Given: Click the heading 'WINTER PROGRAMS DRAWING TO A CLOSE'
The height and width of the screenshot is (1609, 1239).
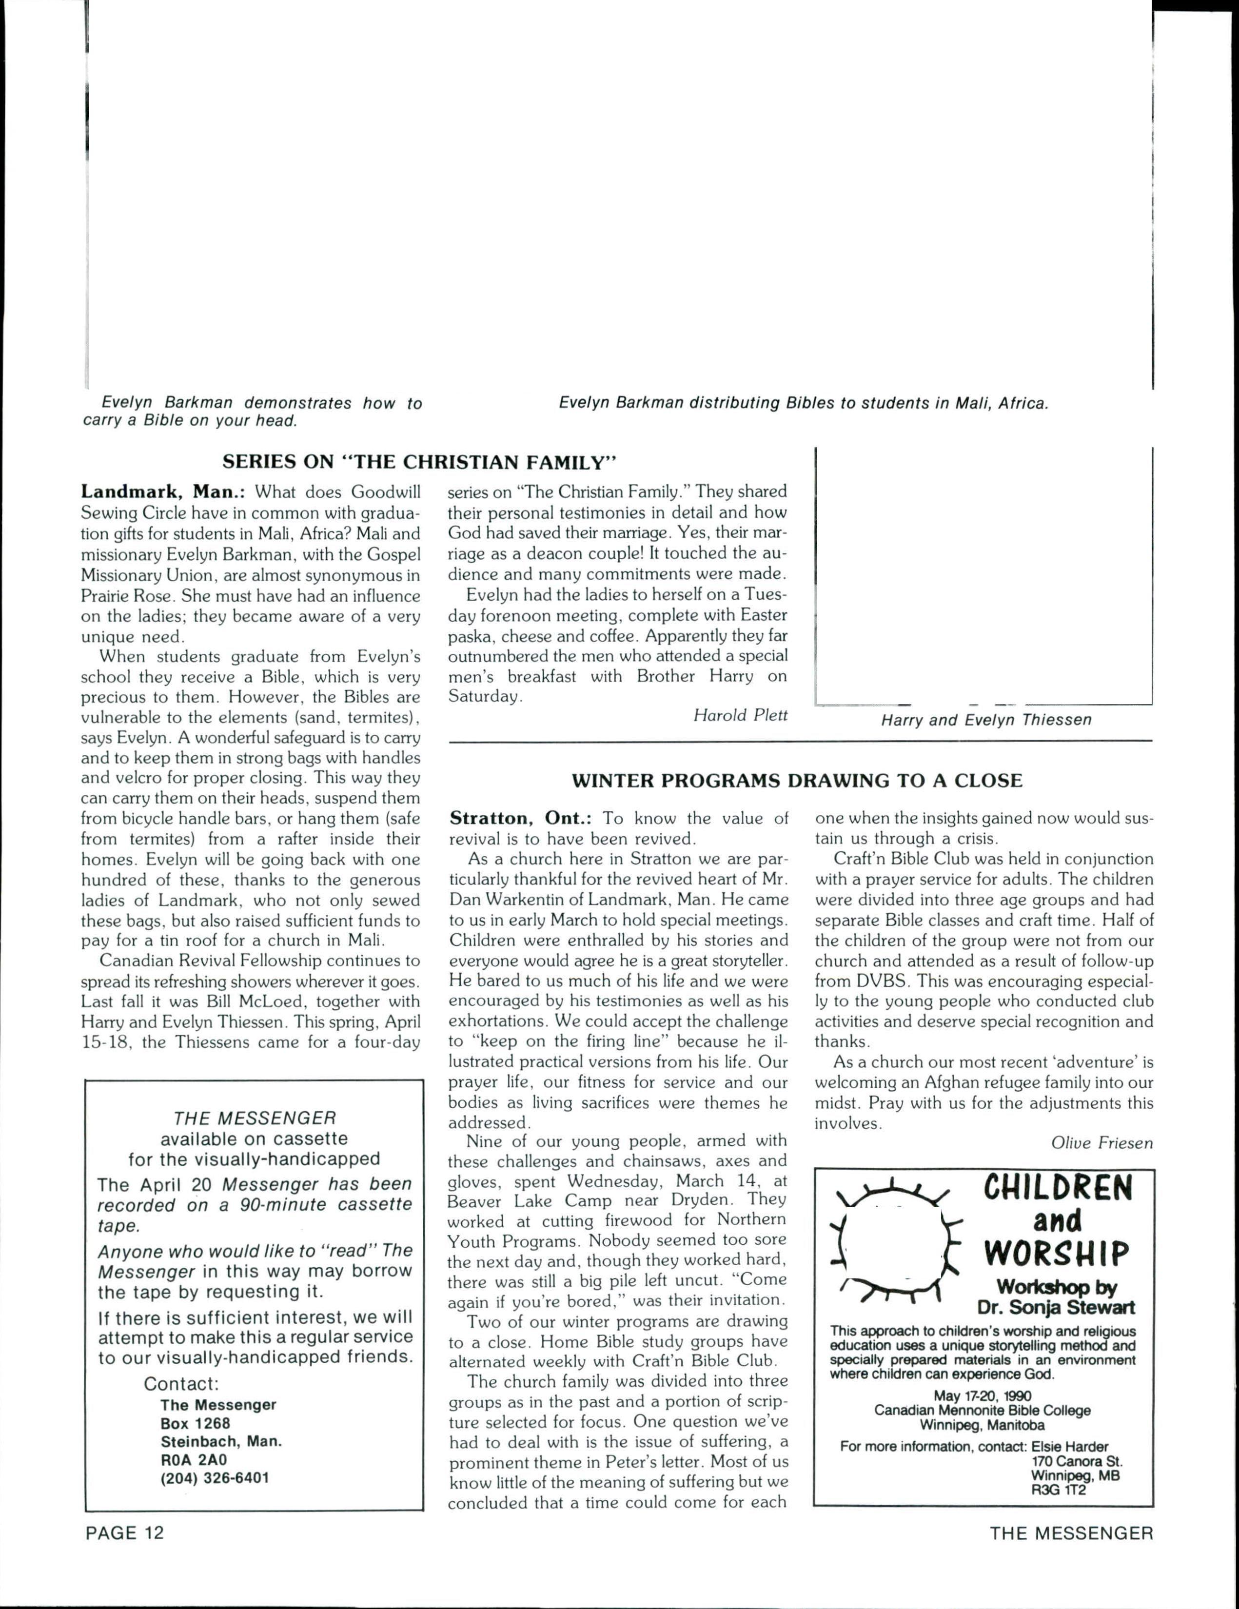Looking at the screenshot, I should (x=797, y=781).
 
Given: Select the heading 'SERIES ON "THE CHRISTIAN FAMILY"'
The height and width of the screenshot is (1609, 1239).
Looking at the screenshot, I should (x=418, y=463).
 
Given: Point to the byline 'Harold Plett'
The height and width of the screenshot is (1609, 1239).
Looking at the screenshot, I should (x=740, y=715).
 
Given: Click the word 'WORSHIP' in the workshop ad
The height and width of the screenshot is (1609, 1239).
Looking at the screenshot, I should (x=1058, y=1253).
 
